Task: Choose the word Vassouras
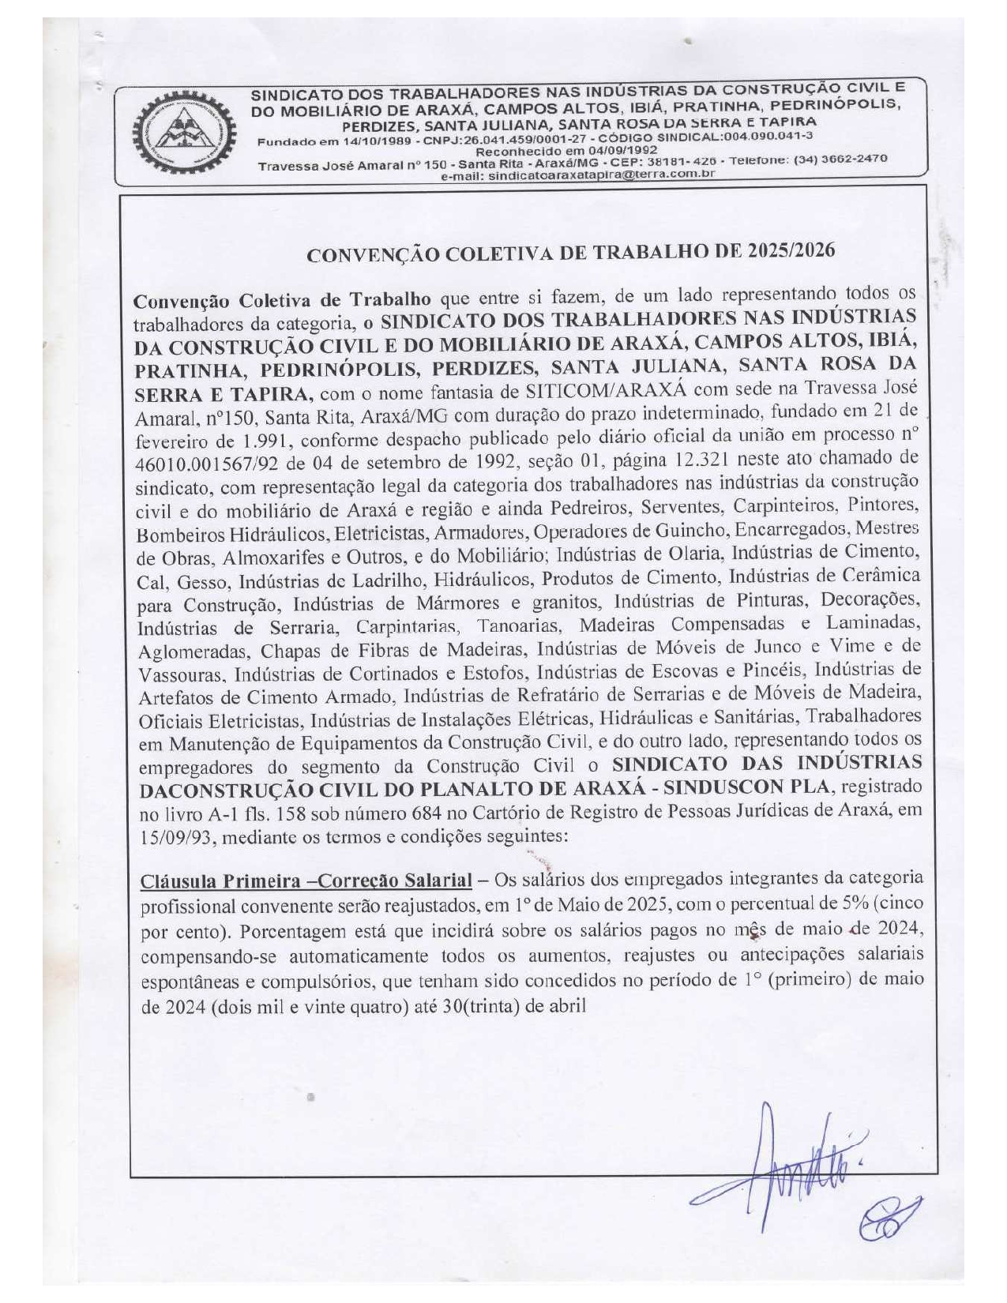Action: coord(182,675)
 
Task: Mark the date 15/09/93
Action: coord(176,837)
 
